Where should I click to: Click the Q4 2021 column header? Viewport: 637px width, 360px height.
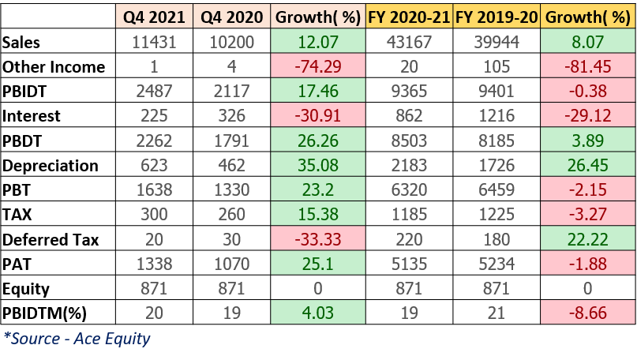pyautogui.click(x=152, y=16)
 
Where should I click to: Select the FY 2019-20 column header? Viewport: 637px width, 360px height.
pyautogui.click(x=497, y=16)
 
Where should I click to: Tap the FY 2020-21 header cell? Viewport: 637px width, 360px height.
pyautogui.click(x=410, y=16)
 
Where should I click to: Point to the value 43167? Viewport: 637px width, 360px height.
pyautogui.click(x=410, y=42)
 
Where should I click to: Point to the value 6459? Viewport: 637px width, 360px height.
pyautogui.click(x=497, y=190)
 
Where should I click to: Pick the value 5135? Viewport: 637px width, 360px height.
pyautogui.click(x=410, y=264)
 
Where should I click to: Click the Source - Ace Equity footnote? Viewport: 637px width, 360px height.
pyautogui.click(x=77, y=339)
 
